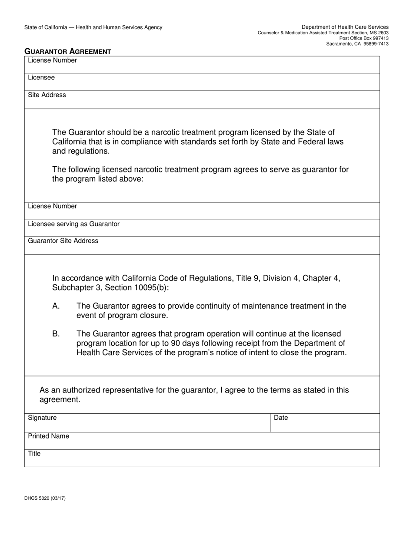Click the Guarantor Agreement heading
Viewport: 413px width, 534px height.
point(68,52)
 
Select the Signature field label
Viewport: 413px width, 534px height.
point(42,418)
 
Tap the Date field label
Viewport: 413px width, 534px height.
point(281,418)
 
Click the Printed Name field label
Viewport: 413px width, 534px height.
point(48,436)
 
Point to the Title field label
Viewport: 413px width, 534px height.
point(34,454)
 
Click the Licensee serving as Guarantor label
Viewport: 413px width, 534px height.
point(73,224)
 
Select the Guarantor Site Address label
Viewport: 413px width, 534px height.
point(63,241)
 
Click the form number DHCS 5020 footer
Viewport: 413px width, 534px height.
point(45,498)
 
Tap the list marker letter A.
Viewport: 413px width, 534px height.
point(56,306)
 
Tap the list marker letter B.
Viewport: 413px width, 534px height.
point(56,334)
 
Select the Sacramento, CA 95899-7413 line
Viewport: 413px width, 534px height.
point(357,44)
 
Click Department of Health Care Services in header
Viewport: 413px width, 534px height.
point(345,27)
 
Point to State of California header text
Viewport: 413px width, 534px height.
point(93,27)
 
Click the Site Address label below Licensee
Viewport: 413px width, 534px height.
point(47,95)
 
